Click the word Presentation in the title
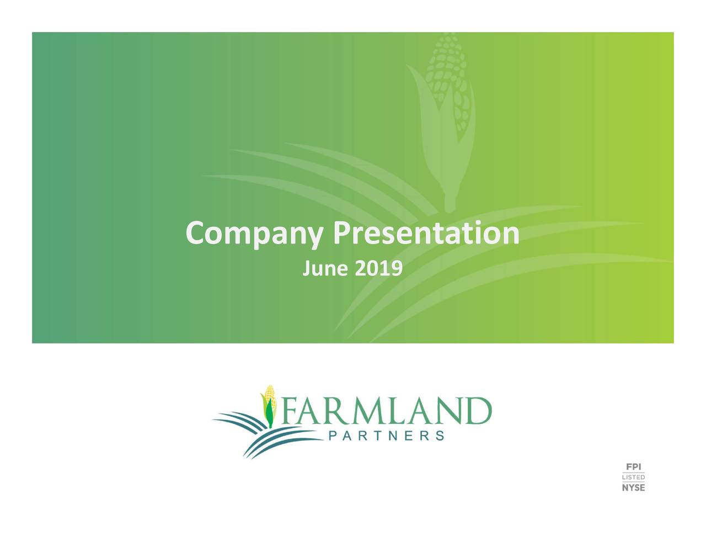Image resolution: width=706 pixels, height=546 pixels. coord(426,233)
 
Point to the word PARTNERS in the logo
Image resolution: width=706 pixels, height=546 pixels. coord(386,436)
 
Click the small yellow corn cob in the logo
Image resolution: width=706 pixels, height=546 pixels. coord(269,396)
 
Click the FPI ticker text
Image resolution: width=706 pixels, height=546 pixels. coord(633,467)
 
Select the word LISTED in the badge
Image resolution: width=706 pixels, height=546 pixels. coord(633,477)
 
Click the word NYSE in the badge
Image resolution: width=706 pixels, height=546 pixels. coord(633,487)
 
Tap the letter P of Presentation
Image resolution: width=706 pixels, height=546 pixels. coord(341,233)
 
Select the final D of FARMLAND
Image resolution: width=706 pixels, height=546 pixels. coord(476,411)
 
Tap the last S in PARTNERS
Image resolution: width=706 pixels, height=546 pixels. coord(440,436)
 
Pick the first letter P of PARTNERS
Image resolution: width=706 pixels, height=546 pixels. coord(332,436)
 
